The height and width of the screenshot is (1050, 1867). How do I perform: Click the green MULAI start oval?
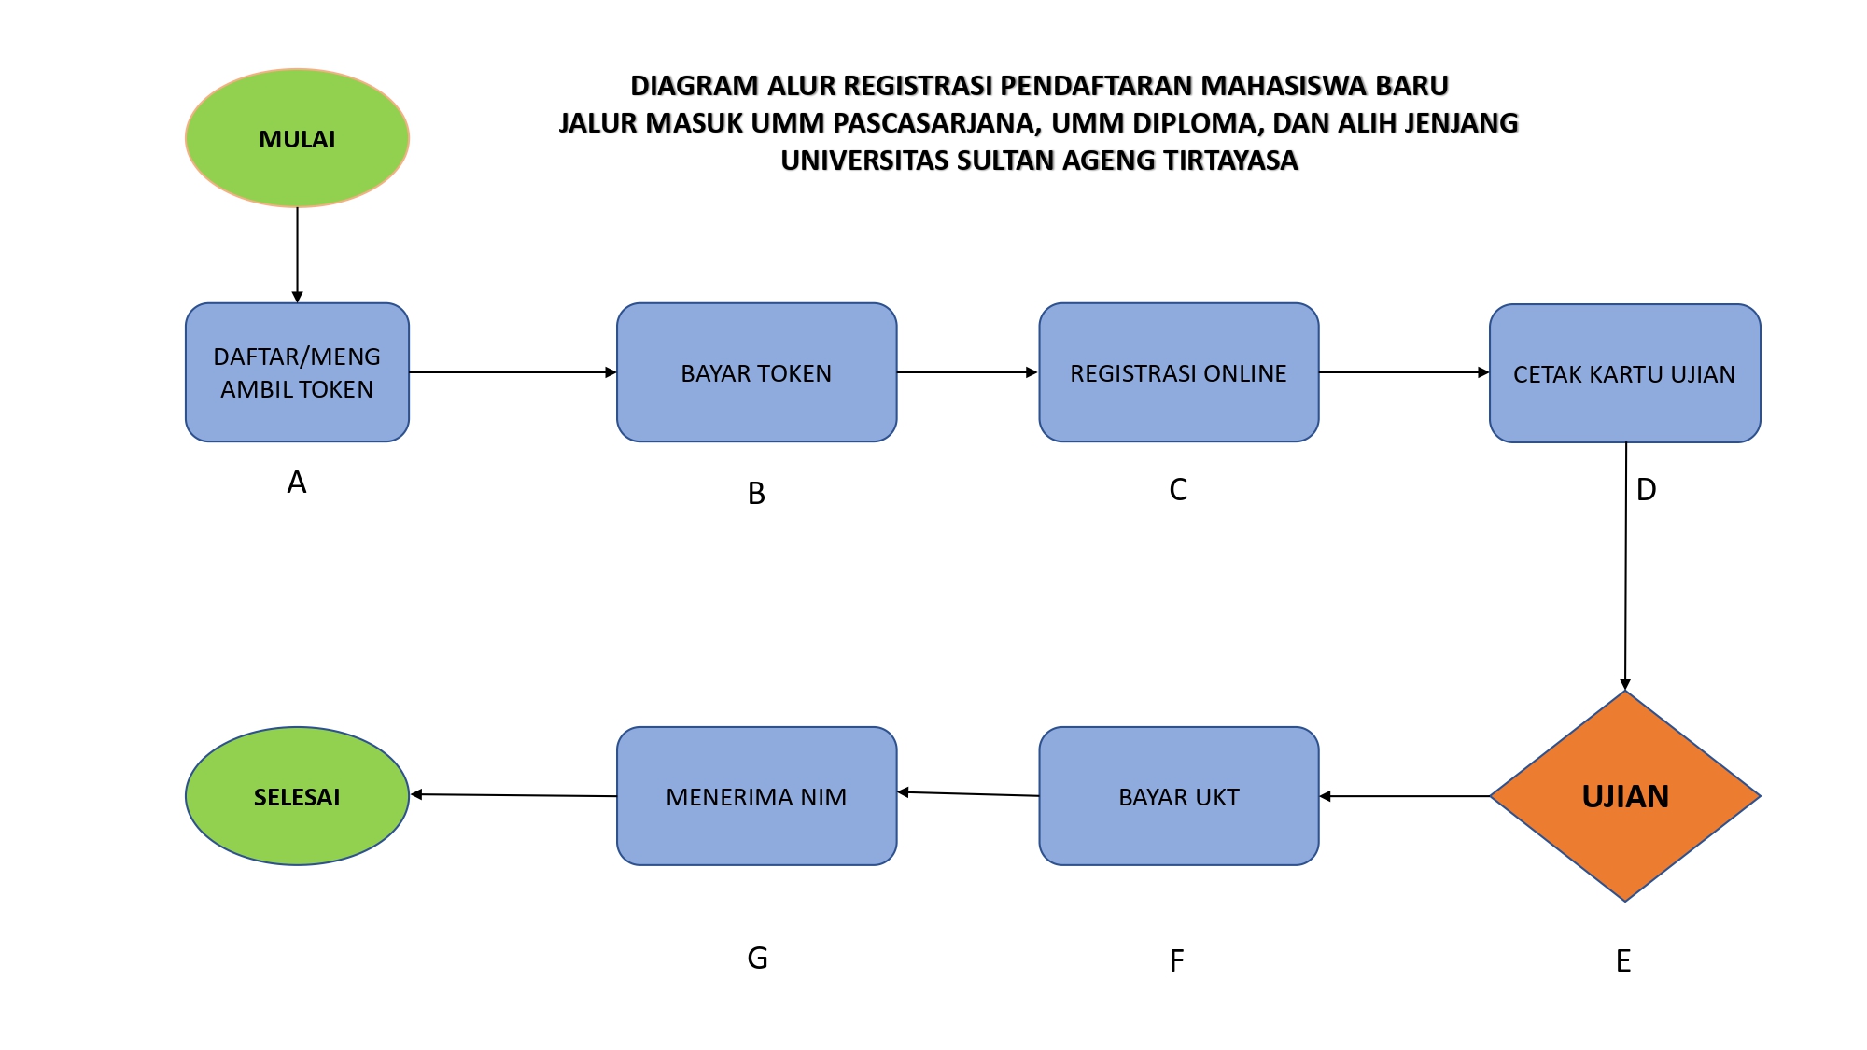tap(297, 138)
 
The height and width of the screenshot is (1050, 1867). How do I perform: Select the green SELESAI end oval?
tap(297, 796)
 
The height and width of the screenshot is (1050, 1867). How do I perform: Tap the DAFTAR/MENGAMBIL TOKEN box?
tap(297, 372)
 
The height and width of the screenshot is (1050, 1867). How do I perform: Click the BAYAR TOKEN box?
tap(756, 372)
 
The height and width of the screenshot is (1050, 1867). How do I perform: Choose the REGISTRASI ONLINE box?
tap(1179, 372)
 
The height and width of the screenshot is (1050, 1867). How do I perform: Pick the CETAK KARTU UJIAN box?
tap(1625, 373)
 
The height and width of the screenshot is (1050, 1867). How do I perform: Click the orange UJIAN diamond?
tap(1625, 796)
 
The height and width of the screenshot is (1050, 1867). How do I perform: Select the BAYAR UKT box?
tap(1179, 796)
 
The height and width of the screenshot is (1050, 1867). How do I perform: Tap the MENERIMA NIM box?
tap(756, 796)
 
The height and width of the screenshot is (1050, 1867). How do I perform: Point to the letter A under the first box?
tap(297, 483)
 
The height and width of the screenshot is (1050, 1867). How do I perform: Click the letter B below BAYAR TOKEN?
tap(756, 494)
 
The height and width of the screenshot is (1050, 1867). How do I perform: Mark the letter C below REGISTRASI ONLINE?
tap(1178, 490)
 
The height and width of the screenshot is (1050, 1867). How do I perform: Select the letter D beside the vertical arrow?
tap(1647, 490)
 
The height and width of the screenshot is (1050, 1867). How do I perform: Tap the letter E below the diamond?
tap(1623, 961)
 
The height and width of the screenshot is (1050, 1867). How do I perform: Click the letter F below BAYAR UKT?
tap(1176, 961)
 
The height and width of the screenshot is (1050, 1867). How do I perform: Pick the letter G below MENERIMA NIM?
tap(757, 959)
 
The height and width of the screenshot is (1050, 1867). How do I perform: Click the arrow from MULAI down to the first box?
tap(297, 255)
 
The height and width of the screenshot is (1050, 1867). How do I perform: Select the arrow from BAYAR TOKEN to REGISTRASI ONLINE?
tap(968, 372)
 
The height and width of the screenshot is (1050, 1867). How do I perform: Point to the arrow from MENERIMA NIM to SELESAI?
tap(513, 795)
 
